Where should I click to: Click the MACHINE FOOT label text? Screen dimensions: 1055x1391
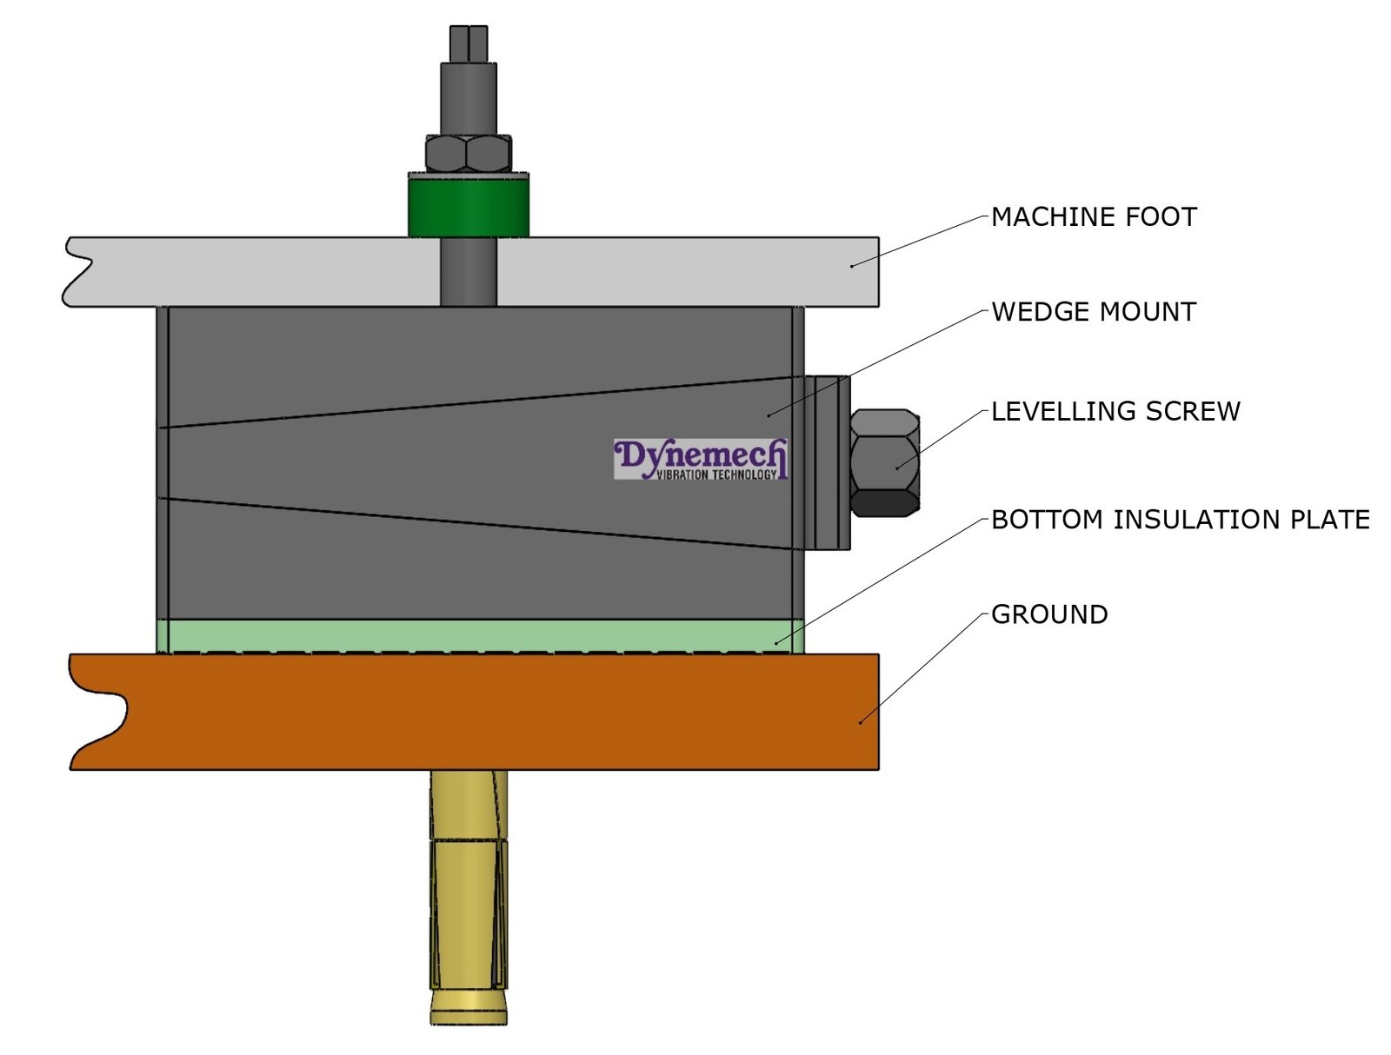[1094, 217]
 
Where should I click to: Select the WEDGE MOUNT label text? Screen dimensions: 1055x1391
[1094, 312]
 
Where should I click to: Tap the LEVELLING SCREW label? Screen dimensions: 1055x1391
[1115, 411]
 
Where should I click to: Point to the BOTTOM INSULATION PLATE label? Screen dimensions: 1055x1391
[1180, 520]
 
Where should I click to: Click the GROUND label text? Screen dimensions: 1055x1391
[1049, 614]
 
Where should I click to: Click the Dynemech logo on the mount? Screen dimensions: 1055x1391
[701, 459]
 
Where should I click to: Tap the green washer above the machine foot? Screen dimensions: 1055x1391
[469, 206]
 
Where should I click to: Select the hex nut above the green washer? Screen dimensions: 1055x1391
[469, 154]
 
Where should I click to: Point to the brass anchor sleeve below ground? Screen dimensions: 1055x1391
[469, 895]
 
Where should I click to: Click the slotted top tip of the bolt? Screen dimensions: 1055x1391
[469, 43]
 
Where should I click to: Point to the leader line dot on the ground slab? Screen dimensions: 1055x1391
[861, 721]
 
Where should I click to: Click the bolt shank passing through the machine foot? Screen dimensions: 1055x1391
[469, 271]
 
